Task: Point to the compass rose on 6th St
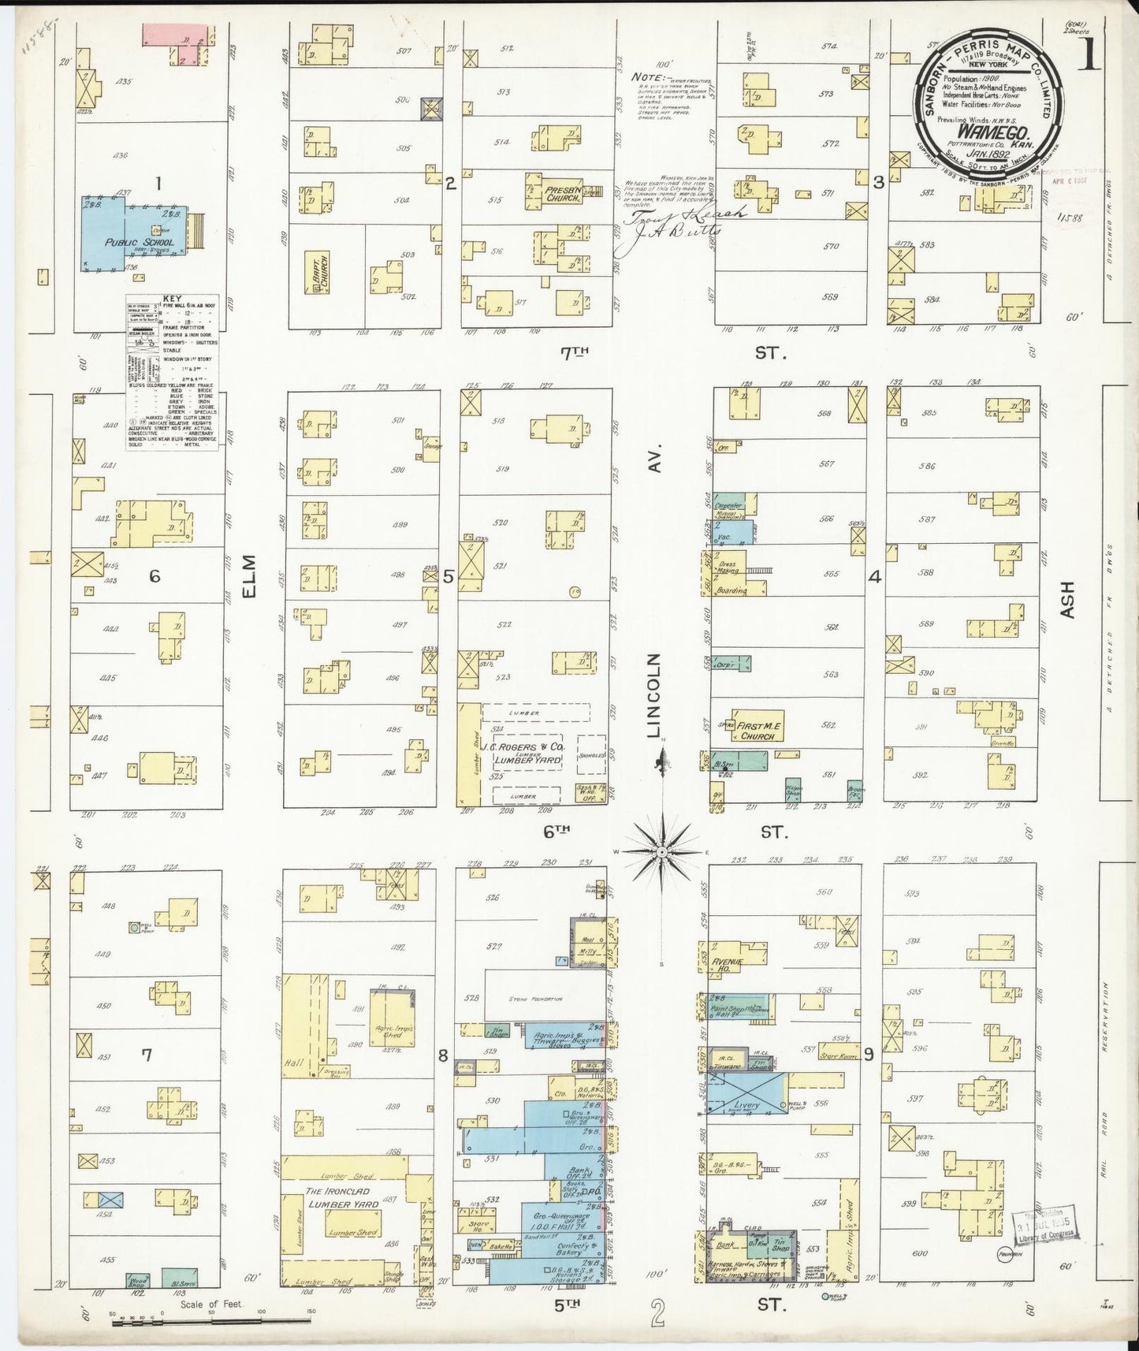tap(663, 852)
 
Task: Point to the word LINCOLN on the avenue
tap(653, 695)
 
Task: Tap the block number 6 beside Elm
tap(154, 576)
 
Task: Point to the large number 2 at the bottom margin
tap(660, 1315)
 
